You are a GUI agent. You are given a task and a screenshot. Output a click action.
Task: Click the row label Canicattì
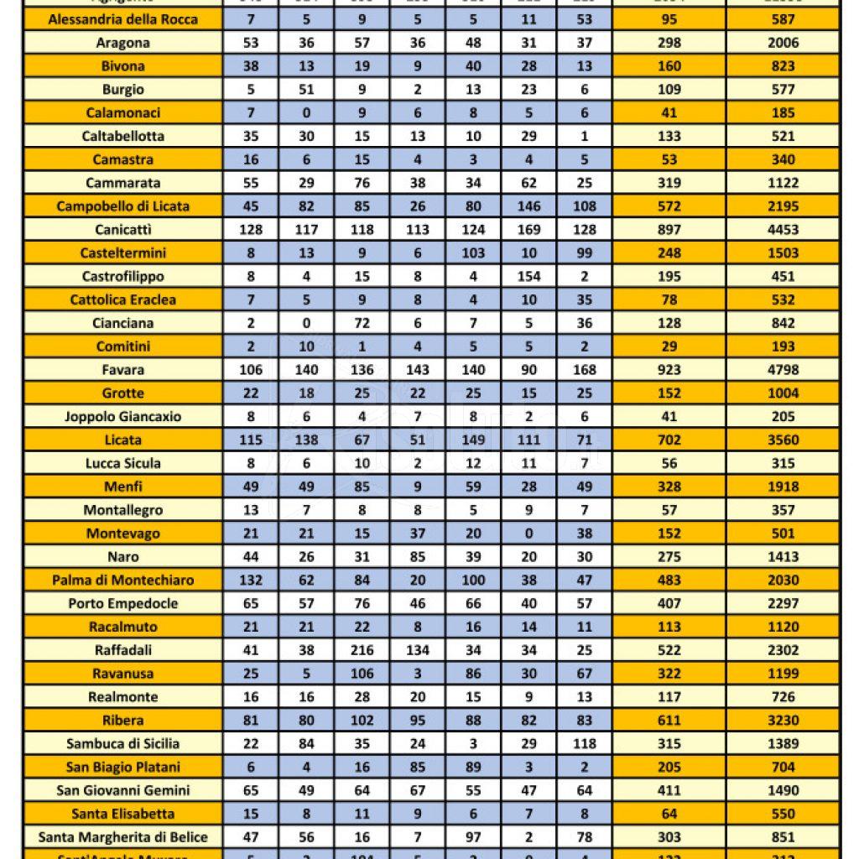click(x=123, y=229)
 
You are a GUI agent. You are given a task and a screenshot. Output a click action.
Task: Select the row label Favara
click(x=123, y=369)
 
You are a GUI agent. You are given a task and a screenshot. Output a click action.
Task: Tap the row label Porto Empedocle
click(x=123, y=603)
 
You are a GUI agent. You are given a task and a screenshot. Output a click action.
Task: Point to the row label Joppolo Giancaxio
click(x=123, y=416)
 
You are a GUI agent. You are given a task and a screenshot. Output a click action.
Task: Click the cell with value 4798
click(x=783, y=369)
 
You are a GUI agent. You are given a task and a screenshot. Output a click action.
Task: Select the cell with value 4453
click(x=783, y=229)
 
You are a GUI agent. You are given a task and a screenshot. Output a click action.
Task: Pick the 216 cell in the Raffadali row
click(x=362, y=650)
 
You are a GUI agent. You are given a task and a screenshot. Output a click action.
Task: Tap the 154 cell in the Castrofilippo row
click(x=528, y=276)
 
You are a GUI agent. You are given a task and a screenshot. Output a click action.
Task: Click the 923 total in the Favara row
click(x=669, y=369)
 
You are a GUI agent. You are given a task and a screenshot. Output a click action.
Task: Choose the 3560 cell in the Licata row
click(x=783, y=440)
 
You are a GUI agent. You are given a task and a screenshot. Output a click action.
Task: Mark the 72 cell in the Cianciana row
click(x=362, y=323)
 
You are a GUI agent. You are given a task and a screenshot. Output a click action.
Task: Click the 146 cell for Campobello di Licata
click(x=528, y=206)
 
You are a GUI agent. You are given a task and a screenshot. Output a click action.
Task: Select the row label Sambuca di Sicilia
click(x=123, y=743)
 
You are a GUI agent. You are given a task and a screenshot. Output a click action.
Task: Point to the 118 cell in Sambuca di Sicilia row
click(x=584, y=743)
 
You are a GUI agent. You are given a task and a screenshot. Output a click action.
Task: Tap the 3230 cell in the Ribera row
click(x=783, y=720)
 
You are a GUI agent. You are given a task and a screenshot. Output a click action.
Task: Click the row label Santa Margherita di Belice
click(x=123, y=837)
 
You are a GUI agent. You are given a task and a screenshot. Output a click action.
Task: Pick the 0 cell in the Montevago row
click(x=528, y=533)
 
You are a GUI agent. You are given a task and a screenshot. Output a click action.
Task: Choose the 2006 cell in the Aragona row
click(x=783, y=42)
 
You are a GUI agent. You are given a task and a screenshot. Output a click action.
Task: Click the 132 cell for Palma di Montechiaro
click(x=251, y=580)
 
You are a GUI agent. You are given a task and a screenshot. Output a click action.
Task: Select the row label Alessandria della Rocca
click(x=123, y=18)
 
